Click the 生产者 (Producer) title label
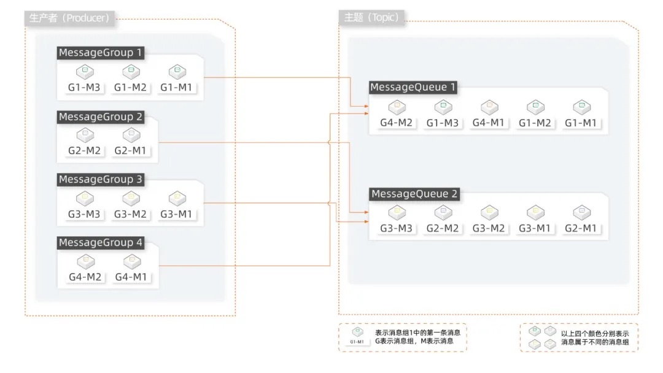tap(69, 18)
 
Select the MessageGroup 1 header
tap(101, 53)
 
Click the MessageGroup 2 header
tap(101, 117)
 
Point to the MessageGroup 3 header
tap(101, 180)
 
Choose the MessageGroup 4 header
tap(101, 243)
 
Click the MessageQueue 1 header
tap(413, 88)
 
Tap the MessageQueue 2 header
tap(414, 194)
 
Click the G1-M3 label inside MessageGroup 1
tap(83, 88)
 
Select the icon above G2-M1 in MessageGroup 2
tap(131, 134)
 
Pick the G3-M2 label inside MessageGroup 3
tap(130, 214)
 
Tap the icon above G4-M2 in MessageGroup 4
tap(85, 261)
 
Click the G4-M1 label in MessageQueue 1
tap(488, 123)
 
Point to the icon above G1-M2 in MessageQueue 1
tap(535, 107)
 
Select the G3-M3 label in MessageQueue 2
tap(396, 229)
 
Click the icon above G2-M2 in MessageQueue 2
tap(443, 212)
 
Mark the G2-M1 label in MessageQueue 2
tap(581, 229)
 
